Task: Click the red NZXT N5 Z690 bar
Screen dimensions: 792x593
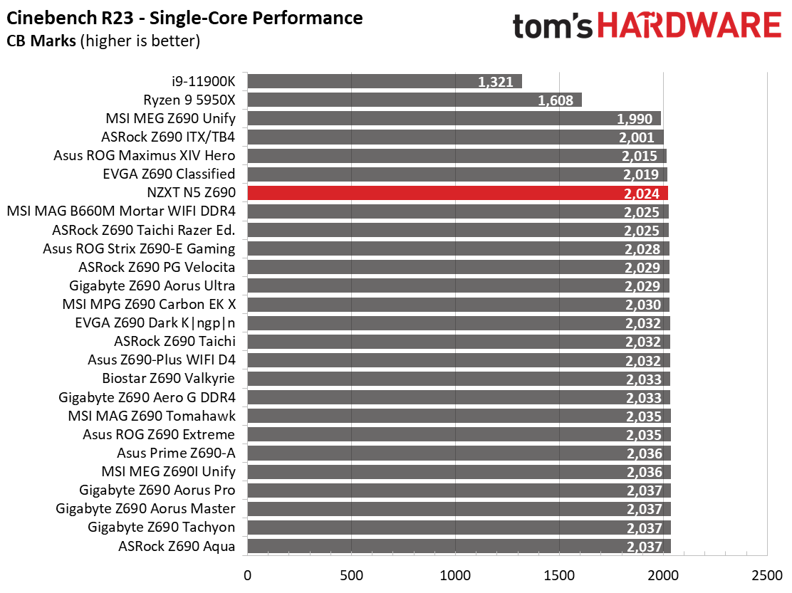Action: pyautogui.click(x=458, y=194)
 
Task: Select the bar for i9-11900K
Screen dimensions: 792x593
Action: pyautogui.click(x=385, y=81)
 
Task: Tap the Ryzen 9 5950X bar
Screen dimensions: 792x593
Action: pyautogui.click(x=415, y=100)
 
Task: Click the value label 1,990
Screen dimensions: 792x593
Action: pyautogui.click(x=635, y=119)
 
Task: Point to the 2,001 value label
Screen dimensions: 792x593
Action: pyautogui.click(x=637, y=137)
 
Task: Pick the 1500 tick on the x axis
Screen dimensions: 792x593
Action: pyautogui.click(x=559, y=575)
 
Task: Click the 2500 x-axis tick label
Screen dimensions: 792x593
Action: pyautogui.click(x=767, y=575)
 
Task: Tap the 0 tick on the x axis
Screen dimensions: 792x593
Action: pyautogui.click(x=247, y=575)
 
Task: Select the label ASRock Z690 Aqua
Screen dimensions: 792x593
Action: pyautogui.click(x=177, y=547)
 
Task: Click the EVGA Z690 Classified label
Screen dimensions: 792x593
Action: pyautogui.click(x=169, y=174)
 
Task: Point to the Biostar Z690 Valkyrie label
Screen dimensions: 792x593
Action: pyautogui.click(x=168, y=379)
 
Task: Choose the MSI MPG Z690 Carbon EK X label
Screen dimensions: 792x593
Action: pyautogui.click(x=149, y=304)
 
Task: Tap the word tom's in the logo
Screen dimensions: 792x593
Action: pyautogui.click(x=553, y=26)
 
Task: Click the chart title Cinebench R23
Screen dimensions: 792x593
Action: pyautogui.click(x=70, y=19)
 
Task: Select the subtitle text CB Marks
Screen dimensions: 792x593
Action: pyautogui.click(x=41, y=41)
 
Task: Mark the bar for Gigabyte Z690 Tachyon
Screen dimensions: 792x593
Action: pyautogui.click(x=459, y=528)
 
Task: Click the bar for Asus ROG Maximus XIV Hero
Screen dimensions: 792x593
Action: pyautogui.click(x=457, y=156)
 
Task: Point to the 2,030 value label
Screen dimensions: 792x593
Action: pyautogui.click(x=643, y=305)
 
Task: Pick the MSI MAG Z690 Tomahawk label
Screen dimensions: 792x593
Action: pyautogui.click(x=152, y=416)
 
